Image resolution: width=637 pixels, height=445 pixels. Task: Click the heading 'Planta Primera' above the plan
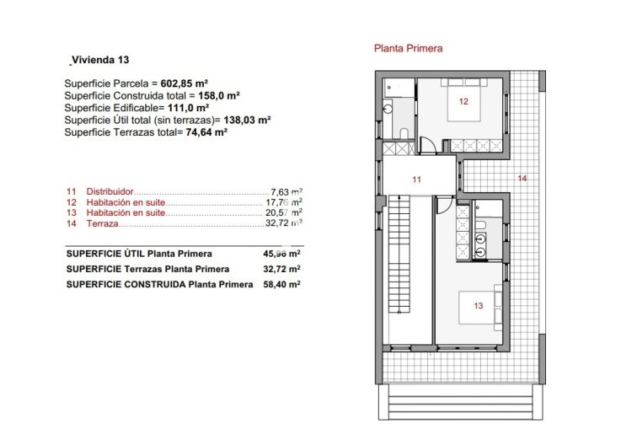tap(408, 49)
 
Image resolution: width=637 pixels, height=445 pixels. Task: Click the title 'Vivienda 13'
tap(100, 60)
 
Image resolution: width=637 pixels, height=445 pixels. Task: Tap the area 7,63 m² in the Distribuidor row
tap(286, 192)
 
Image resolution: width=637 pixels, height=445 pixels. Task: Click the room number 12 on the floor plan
tap(463, 101)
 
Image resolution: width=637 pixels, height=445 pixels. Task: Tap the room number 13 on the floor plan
tap(479, 306)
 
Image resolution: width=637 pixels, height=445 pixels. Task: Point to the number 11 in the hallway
tap(416, 180)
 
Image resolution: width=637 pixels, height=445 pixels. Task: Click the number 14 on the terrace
tap(522, 178)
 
